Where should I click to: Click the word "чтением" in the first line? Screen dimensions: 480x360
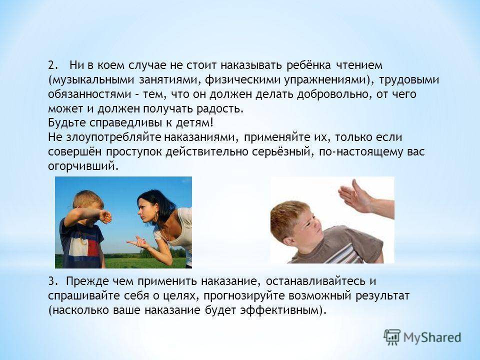359,65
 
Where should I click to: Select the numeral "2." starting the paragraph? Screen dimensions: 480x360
52,65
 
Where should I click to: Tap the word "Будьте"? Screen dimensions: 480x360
67,123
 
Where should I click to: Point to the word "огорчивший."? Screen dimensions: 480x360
83,166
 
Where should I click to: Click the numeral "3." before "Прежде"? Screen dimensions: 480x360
52,281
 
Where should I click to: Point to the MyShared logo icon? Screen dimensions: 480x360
391,337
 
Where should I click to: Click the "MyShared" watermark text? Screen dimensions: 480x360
432,337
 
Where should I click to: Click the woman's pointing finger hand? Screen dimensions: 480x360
138,242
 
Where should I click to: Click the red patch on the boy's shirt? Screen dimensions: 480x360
93,247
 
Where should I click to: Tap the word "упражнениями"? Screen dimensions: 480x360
325,80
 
